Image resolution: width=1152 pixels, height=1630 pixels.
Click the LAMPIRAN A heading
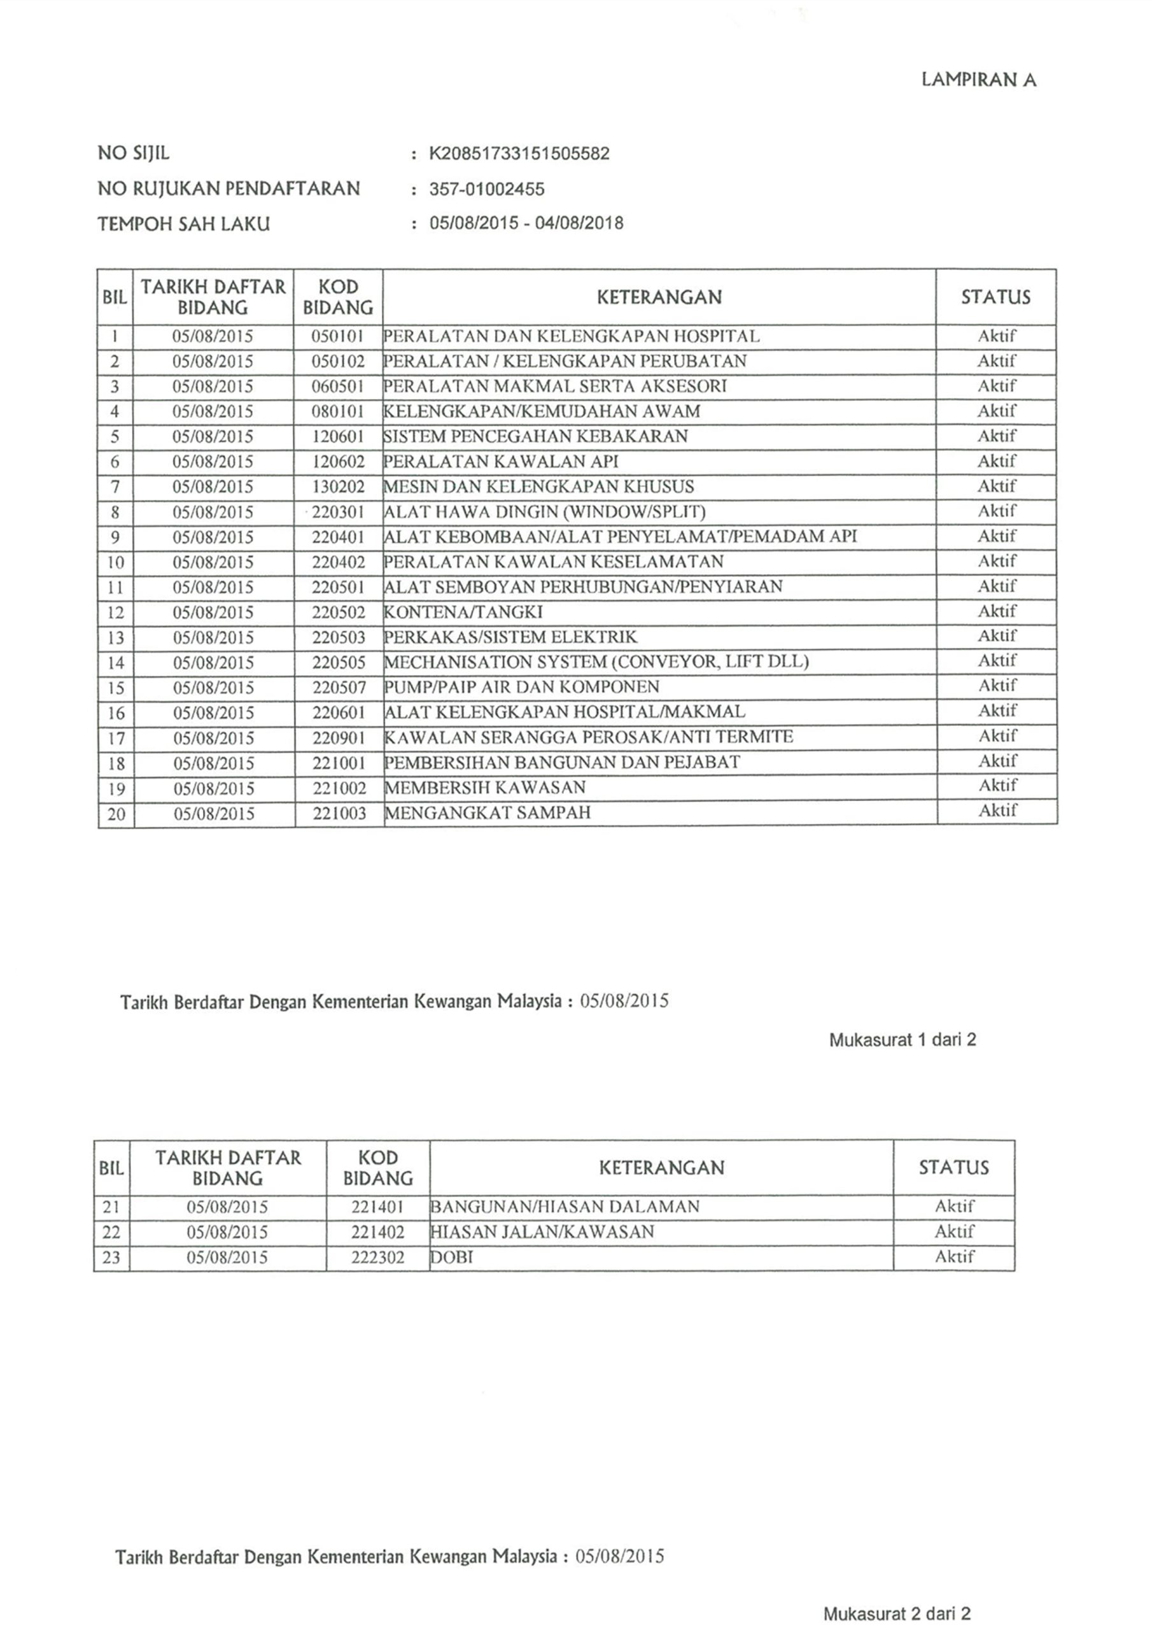978,80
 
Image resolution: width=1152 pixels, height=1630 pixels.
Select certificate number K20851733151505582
519,153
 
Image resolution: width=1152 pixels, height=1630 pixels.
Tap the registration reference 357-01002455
487,189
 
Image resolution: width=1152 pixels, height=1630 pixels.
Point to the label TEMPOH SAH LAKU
184,224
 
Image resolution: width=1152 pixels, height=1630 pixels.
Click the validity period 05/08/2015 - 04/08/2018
526,223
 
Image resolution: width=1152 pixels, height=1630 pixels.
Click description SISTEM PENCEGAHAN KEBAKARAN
536,436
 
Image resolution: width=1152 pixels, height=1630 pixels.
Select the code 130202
338,486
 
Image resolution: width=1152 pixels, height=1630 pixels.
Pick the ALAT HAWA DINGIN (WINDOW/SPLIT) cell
544,512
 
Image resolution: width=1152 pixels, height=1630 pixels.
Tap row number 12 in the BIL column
115,613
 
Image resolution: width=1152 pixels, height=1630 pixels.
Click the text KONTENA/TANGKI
463,612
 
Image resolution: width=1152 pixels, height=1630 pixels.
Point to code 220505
339,662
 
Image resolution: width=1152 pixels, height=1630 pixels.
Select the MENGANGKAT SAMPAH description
488,812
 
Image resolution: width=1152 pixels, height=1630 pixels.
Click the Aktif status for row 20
997,810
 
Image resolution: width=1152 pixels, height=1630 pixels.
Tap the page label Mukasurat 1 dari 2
902,1040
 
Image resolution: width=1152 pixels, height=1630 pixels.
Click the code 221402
377,1231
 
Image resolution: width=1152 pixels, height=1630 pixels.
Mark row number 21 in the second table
111,1206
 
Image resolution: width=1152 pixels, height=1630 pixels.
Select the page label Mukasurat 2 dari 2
897,1613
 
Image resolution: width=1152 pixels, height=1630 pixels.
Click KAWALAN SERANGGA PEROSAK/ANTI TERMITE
589,737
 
